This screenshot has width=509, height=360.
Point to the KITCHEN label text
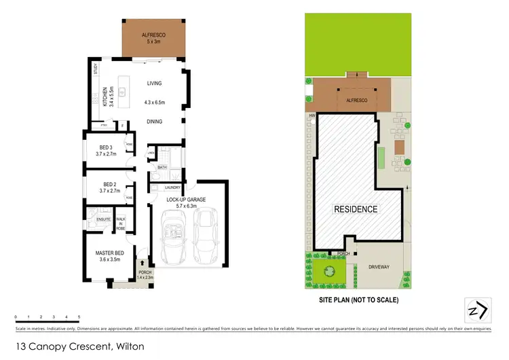click(x=105, y=98)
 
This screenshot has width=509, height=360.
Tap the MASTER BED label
click(x=110, y=253)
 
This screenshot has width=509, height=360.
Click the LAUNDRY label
click(x=171, y=187)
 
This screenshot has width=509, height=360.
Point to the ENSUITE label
click(x=104, y=219)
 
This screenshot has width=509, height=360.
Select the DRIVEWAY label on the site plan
click(x=379, y=267)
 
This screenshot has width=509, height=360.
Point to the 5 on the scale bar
click(x=79, y=317)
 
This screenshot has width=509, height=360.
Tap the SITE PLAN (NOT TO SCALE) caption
click(x=359, y=300)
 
